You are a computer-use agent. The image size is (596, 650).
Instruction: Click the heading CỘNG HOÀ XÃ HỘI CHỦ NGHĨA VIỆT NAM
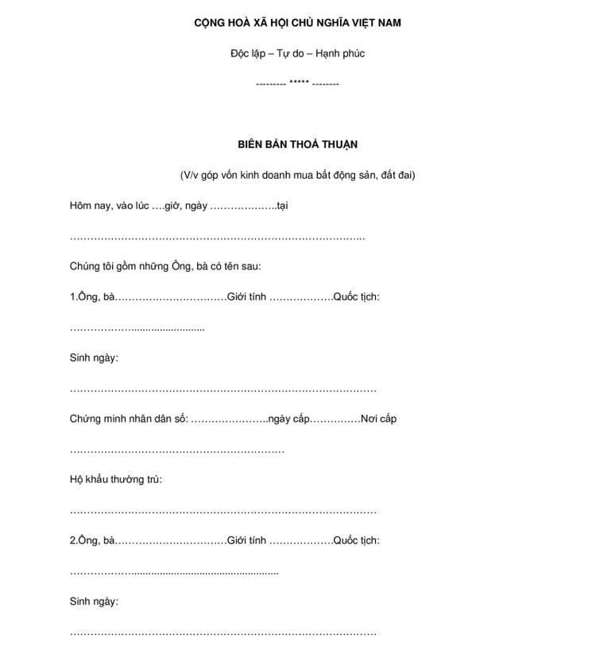point(297,23)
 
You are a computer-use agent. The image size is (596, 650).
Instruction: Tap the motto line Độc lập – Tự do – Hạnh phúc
point(297,54)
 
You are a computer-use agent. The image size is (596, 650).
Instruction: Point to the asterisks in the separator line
point(299,83)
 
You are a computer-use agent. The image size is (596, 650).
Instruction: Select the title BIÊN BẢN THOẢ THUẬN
point(297,145)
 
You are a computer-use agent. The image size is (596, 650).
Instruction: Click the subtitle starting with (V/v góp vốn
point(297,175)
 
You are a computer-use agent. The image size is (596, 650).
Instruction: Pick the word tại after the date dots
point(281,206)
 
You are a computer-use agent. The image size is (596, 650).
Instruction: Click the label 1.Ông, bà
point(93,297)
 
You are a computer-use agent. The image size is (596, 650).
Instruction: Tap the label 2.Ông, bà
point(93,540)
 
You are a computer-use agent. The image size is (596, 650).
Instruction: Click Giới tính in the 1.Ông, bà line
point(246,297)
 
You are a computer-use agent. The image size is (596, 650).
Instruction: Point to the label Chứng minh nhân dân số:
point(129,419)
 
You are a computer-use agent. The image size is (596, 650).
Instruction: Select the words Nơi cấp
point(378,419)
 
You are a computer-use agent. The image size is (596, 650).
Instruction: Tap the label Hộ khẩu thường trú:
point(116,480)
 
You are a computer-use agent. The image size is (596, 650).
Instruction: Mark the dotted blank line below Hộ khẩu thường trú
point(223,512)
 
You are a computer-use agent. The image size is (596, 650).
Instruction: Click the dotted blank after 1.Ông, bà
point(171,298)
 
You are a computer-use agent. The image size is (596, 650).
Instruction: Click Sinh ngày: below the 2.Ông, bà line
point(94,602)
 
